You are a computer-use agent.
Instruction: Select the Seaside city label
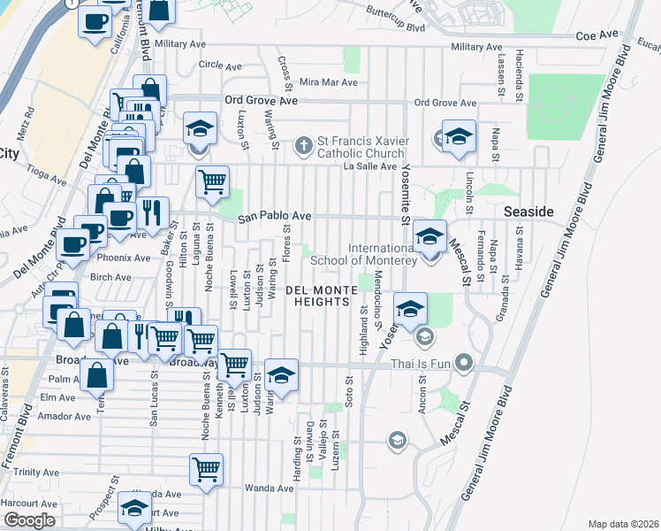(x=528, y=213)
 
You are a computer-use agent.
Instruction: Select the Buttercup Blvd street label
(x=396, y=27)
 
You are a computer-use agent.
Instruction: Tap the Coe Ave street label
(x=597, y=35)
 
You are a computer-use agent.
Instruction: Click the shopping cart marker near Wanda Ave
(x=206, y=469)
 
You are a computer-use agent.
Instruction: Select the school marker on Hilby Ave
(x=135, y=511)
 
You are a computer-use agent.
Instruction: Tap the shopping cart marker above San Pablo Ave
(x=212, y=181)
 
